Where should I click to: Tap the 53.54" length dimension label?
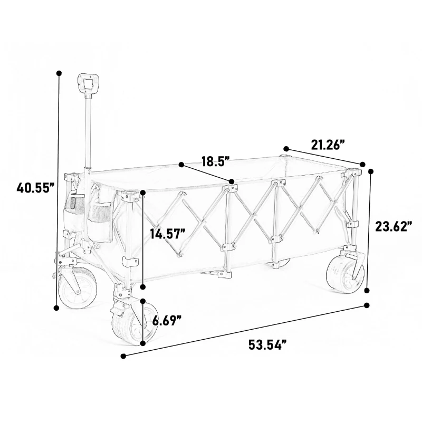267,346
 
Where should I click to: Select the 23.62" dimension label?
393,226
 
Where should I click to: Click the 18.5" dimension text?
215,161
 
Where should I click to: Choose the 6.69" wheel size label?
167,320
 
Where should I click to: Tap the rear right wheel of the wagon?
345,273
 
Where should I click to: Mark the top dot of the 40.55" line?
59,73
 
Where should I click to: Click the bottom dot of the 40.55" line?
57,308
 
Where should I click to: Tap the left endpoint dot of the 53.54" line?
123,356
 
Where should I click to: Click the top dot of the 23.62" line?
371,171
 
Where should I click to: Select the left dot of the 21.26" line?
286,149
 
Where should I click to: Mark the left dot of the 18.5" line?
181,165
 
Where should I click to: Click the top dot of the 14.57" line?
142,193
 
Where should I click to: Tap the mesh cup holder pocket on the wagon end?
74,206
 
